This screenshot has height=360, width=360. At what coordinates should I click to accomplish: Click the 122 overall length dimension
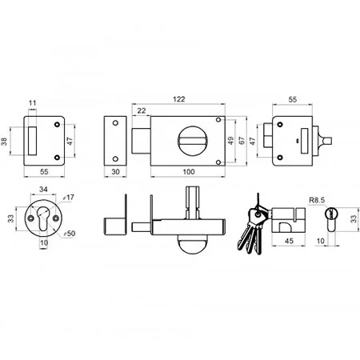[x=179, y=99]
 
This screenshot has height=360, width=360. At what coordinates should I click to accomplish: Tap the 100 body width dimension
[x=189, y=171]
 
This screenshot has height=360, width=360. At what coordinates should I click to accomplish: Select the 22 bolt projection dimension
[x=142, y=110]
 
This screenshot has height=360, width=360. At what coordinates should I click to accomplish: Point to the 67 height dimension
[x=242, y=141]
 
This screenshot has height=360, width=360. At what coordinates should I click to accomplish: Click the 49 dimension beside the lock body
[x=231, y=141]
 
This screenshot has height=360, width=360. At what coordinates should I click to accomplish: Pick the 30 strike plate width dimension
[x=115, y=171]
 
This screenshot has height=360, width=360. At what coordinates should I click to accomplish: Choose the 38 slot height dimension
[x=4, y=142]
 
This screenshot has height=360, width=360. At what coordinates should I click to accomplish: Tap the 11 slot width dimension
[x=32, y=103]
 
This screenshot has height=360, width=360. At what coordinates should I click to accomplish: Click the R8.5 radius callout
[x=317, y=200]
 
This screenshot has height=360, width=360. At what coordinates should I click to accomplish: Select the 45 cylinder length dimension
[x=289, y=241]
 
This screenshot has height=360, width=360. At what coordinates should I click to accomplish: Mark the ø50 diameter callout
[x=69, y=234]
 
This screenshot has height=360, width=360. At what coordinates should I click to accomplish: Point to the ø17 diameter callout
[x=68, y=198]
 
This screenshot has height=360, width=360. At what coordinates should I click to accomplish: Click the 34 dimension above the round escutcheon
[x=43, y=189]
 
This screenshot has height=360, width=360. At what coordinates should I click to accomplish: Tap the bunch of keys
[x=252, y=228]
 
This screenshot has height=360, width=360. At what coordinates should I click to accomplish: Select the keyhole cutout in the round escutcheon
[x=43, y=218]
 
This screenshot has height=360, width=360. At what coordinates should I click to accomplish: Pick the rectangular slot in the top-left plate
[x=32, y=141]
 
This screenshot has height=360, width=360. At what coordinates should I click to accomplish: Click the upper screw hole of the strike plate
[x=115, y=123]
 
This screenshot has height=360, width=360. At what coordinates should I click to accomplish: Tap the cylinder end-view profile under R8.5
[x=331, y=219]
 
